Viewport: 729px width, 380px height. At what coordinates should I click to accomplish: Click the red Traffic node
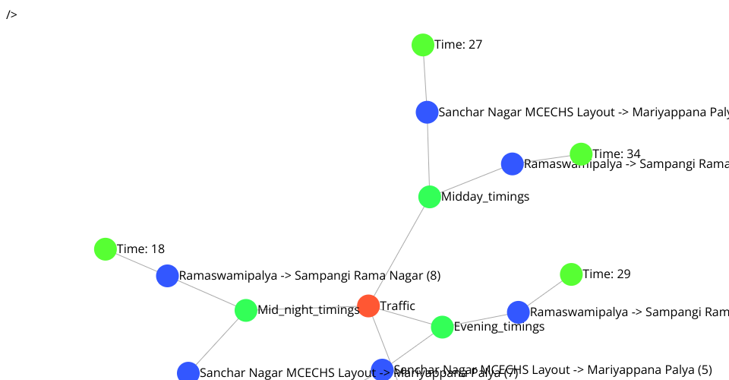368,306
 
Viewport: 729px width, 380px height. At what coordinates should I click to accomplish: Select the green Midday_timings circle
430,197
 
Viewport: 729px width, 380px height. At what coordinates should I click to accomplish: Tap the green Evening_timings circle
442,327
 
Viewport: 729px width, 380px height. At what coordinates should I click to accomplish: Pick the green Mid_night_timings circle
246,310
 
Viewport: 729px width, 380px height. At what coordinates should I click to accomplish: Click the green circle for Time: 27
423,45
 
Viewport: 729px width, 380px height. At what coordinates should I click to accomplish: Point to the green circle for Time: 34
581,154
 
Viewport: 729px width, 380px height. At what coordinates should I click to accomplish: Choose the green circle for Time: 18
106,249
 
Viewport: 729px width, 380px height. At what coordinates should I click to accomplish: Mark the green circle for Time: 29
571,274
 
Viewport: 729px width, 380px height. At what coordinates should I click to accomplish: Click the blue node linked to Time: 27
427,112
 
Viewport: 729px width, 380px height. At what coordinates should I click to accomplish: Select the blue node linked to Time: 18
167,276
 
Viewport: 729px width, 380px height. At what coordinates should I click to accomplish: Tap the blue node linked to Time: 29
518,312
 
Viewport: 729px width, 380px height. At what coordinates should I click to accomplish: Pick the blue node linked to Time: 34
512,163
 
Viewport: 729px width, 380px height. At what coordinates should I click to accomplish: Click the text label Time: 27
459,45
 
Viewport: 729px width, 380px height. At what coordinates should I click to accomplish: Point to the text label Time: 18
141,249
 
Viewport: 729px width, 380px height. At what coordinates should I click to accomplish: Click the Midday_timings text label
485,197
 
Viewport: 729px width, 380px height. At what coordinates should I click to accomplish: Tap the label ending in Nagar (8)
310,276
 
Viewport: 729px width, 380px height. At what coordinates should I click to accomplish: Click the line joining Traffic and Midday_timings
399,251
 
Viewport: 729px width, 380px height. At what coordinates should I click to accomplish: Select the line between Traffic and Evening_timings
406,316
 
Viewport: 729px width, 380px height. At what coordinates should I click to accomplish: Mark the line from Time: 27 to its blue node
424,79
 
